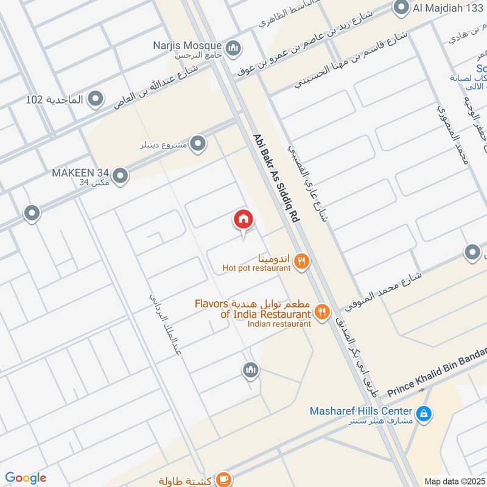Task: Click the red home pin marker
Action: click(x=243, y=220)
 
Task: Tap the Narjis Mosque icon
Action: click(x=233, y=47)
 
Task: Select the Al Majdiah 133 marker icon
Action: click(x=401, y=8)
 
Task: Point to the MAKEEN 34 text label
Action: click(x=78, y=173)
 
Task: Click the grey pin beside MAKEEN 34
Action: click(x=121, y=176)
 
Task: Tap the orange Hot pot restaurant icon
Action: click(x=301, y=262)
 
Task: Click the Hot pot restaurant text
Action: click(x=256, y=267)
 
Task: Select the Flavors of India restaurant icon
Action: click(x=322, y=313)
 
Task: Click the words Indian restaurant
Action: click(x=279, y=324)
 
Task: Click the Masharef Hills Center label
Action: click(x=360, y=411)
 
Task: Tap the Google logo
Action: click(x=26, y=478)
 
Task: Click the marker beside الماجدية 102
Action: click(x=95, y=98)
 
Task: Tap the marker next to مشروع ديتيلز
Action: click(x=197, y=144)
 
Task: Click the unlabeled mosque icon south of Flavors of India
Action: click(x=250, y=370)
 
